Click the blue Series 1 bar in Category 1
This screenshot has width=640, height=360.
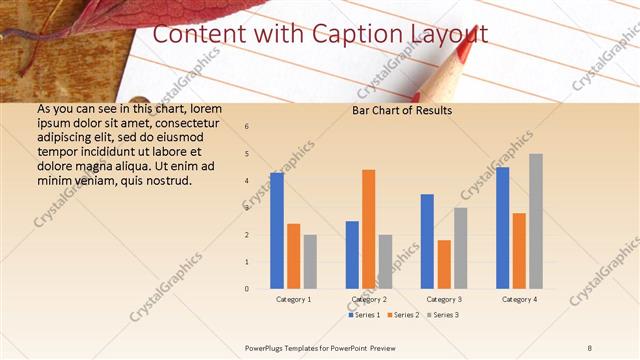pyautogui.click(x=277, y=231)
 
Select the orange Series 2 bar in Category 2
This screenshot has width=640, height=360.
pyautogui.click(x=369, y=229)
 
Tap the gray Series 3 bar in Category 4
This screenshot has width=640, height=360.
pyautogui.click(x=536, y=221)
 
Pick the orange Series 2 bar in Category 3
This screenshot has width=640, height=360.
pyautogui.click(x=444, y=264)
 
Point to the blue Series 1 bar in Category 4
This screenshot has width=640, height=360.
pyautogui.click(x=502, y=228)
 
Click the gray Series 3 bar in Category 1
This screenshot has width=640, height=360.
pyautogui.click(x=310, y=262)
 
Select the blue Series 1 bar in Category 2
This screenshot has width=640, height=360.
pyautogui.click(x=352, y=255)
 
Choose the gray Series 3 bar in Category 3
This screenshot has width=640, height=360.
pyautogui.click(x=461, y=248)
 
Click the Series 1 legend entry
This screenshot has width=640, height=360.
pyautogui.click(x=365, y=315)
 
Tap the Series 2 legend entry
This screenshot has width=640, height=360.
pyautogui.click(x=403, y=315)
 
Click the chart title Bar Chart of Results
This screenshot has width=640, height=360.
pyautogui.click(x=402, y=110)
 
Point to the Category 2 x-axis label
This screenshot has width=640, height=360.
pyautogui.click(x=369, y=299)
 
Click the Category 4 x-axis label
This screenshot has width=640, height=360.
pyautogui.click(x=519, y=299)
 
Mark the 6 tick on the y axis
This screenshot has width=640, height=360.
pyautogui.click(x=247, y=127)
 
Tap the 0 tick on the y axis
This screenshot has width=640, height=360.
pyautogui.click(x=247, y=289)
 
